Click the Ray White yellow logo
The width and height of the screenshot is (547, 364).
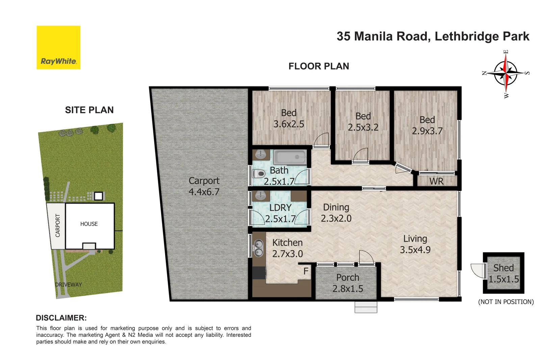(x=58, y=48)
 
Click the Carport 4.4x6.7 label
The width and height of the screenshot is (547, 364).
(x=204, y=186)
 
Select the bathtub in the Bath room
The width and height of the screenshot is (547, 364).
(x=290, y=157)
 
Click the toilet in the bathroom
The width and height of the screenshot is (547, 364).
(x=259, y=174)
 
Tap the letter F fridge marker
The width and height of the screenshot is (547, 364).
(x=306, y=271)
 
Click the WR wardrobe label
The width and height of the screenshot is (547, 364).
(x=436, y=181)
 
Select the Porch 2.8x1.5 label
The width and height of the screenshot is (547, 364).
(x=347, y=283)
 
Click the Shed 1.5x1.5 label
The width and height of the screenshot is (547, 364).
(x=503, y=273)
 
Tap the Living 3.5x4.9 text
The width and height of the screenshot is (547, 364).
(x=415, y=244)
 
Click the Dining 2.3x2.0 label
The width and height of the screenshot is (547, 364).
(x=336, y=213)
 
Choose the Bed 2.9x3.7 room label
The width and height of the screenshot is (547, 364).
(x=427, y=125)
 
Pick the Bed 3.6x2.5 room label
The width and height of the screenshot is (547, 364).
(x=289, y=118)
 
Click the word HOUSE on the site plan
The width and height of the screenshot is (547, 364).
(x=89, y=224)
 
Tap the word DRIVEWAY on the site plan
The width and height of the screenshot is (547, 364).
(x=69, y=284)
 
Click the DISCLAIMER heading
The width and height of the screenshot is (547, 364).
(x=61, y=318)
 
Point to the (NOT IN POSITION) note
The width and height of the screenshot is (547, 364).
(x=505, y=302)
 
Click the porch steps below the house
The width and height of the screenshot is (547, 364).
(x=366, y=307)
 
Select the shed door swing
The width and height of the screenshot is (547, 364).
(x=477, y=270)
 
